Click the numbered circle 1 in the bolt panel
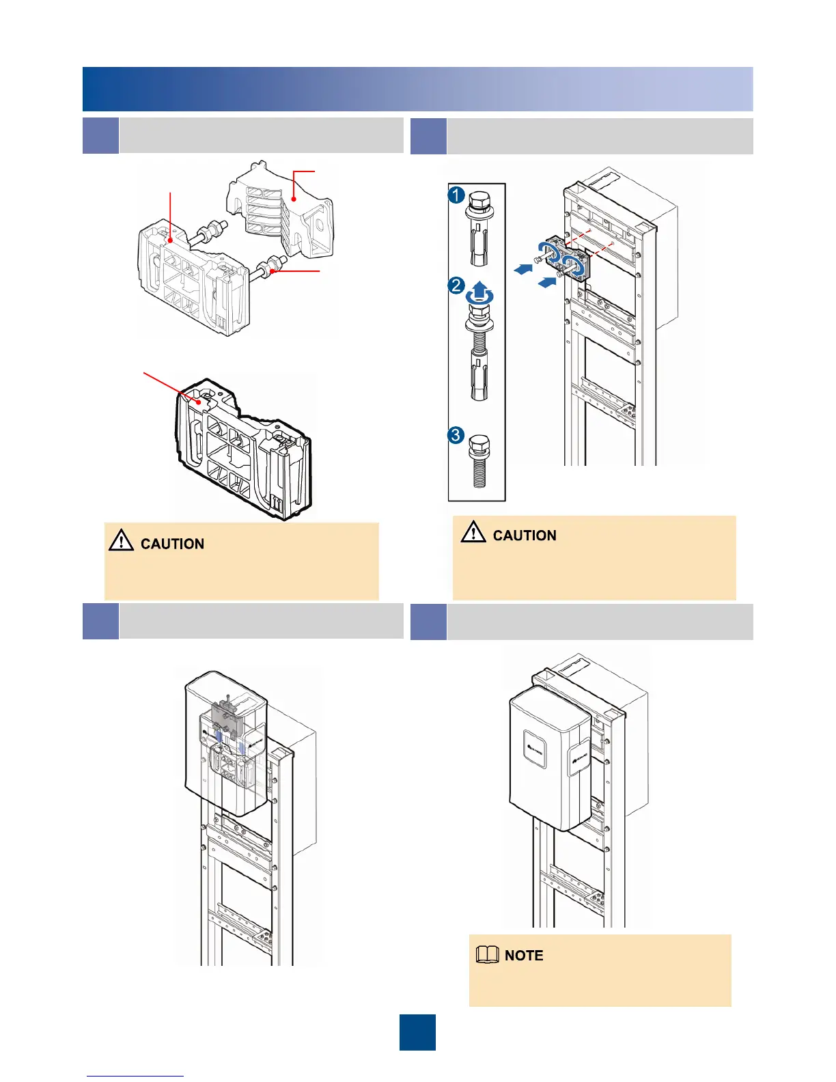[x=457, y=195]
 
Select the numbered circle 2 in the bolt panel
[x=457, y=285]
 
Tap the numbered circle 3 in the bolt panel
[x=457, y=435]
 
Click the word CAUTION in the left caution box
[x=172, y=544]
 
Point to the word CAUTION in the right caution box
[x=525, y=536]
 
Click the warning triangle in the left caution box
[x=121, y=541]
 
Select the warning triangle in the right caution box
[x=473, y=531]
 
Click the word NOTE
[x=524, y=956]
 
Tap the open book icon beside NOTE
[x=487, y=956]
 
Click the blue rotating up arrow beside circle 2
[x=479, y=292]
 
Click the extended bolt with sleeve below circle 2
[x=479, y=352]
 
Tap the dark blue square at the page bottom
[x=417, y=1032]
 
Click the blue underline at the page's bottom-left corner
[x=135, y=1076]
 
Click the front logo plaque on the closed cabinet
[x=535, y=751]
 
